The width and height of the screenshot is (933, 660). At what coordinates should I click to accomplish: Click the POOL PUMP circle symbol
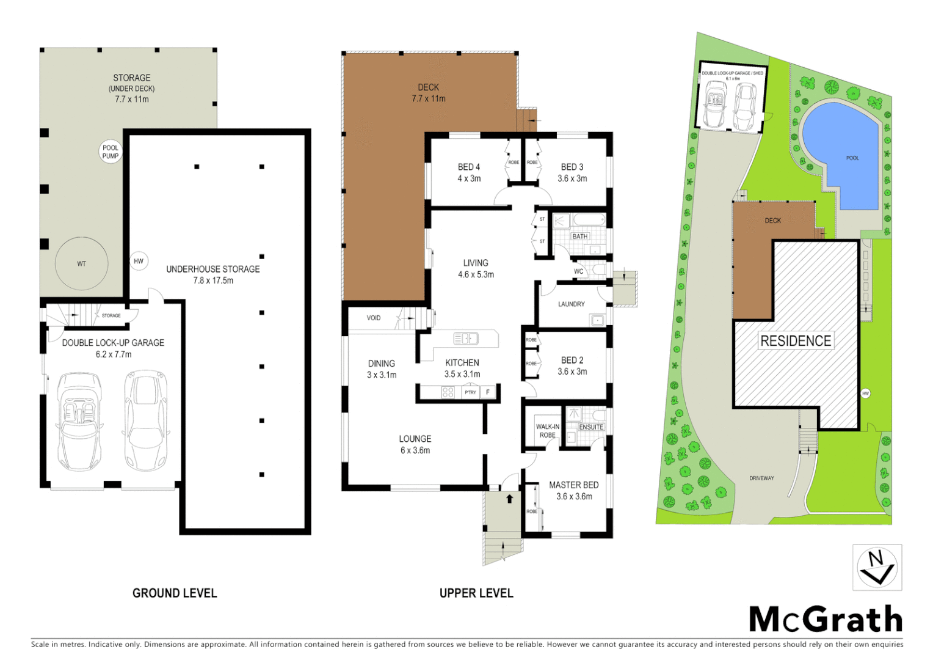[x=111, y=152]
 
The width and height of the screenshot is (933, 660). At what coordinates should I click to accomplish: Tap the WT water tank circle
[x=82, y=264]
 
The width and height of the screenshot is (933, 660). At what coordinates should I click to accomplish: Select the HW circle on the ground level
[x=139, y=261]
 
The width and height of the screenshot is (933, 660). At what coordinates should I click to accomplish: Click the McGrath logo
[x=826, y=620]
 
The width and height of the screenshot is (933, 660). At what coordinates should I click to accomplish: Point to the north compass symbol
[x=877, y=568]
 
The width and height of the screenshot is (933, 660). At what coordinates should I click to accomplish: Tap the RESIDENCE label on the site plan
[x=796, y=341]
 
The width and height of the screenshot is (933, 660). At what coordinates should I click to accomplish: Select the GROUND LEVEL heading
[x=175, y=593]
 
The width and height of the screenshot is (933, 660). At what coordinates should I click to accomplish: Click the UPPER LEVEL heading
[x=476, y=593]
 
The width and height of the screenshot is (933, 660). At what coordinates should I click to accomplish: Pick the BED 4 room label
[x=469, y=167]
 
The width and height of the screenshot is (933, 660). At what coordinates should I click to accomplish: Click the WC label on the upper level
[x=579, y=271]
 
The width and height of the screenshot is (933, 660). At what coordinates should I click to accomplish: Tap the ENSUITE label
[x=591, y=427]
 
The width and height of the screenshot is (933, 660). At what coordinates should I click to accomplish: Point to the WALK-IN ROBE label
[x=548, y=431]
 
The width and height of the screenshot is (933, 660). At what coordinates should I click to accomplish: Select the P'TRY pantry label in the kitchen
[x=470, y=392]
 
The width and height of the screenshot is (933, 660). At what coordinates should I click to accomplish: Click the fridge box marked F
[x=488, y=392]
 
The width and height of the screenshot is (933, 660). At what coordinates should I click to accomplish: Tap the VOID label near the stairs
[x=374, y=318]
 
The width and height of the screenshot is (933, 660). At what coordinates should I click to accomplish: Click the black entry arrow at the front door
[x=510, y=499]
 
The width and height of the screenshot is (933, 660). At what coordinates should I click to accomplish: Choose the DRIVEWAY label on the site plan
[x=761, y=478]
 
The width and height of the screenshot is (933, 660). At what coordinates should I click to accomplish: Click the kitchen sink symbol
[x=466, y=338]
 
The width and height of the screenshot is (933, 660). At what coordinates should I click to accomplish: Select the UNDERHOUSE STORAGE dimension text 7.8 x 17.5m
[x=213, y=280]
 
